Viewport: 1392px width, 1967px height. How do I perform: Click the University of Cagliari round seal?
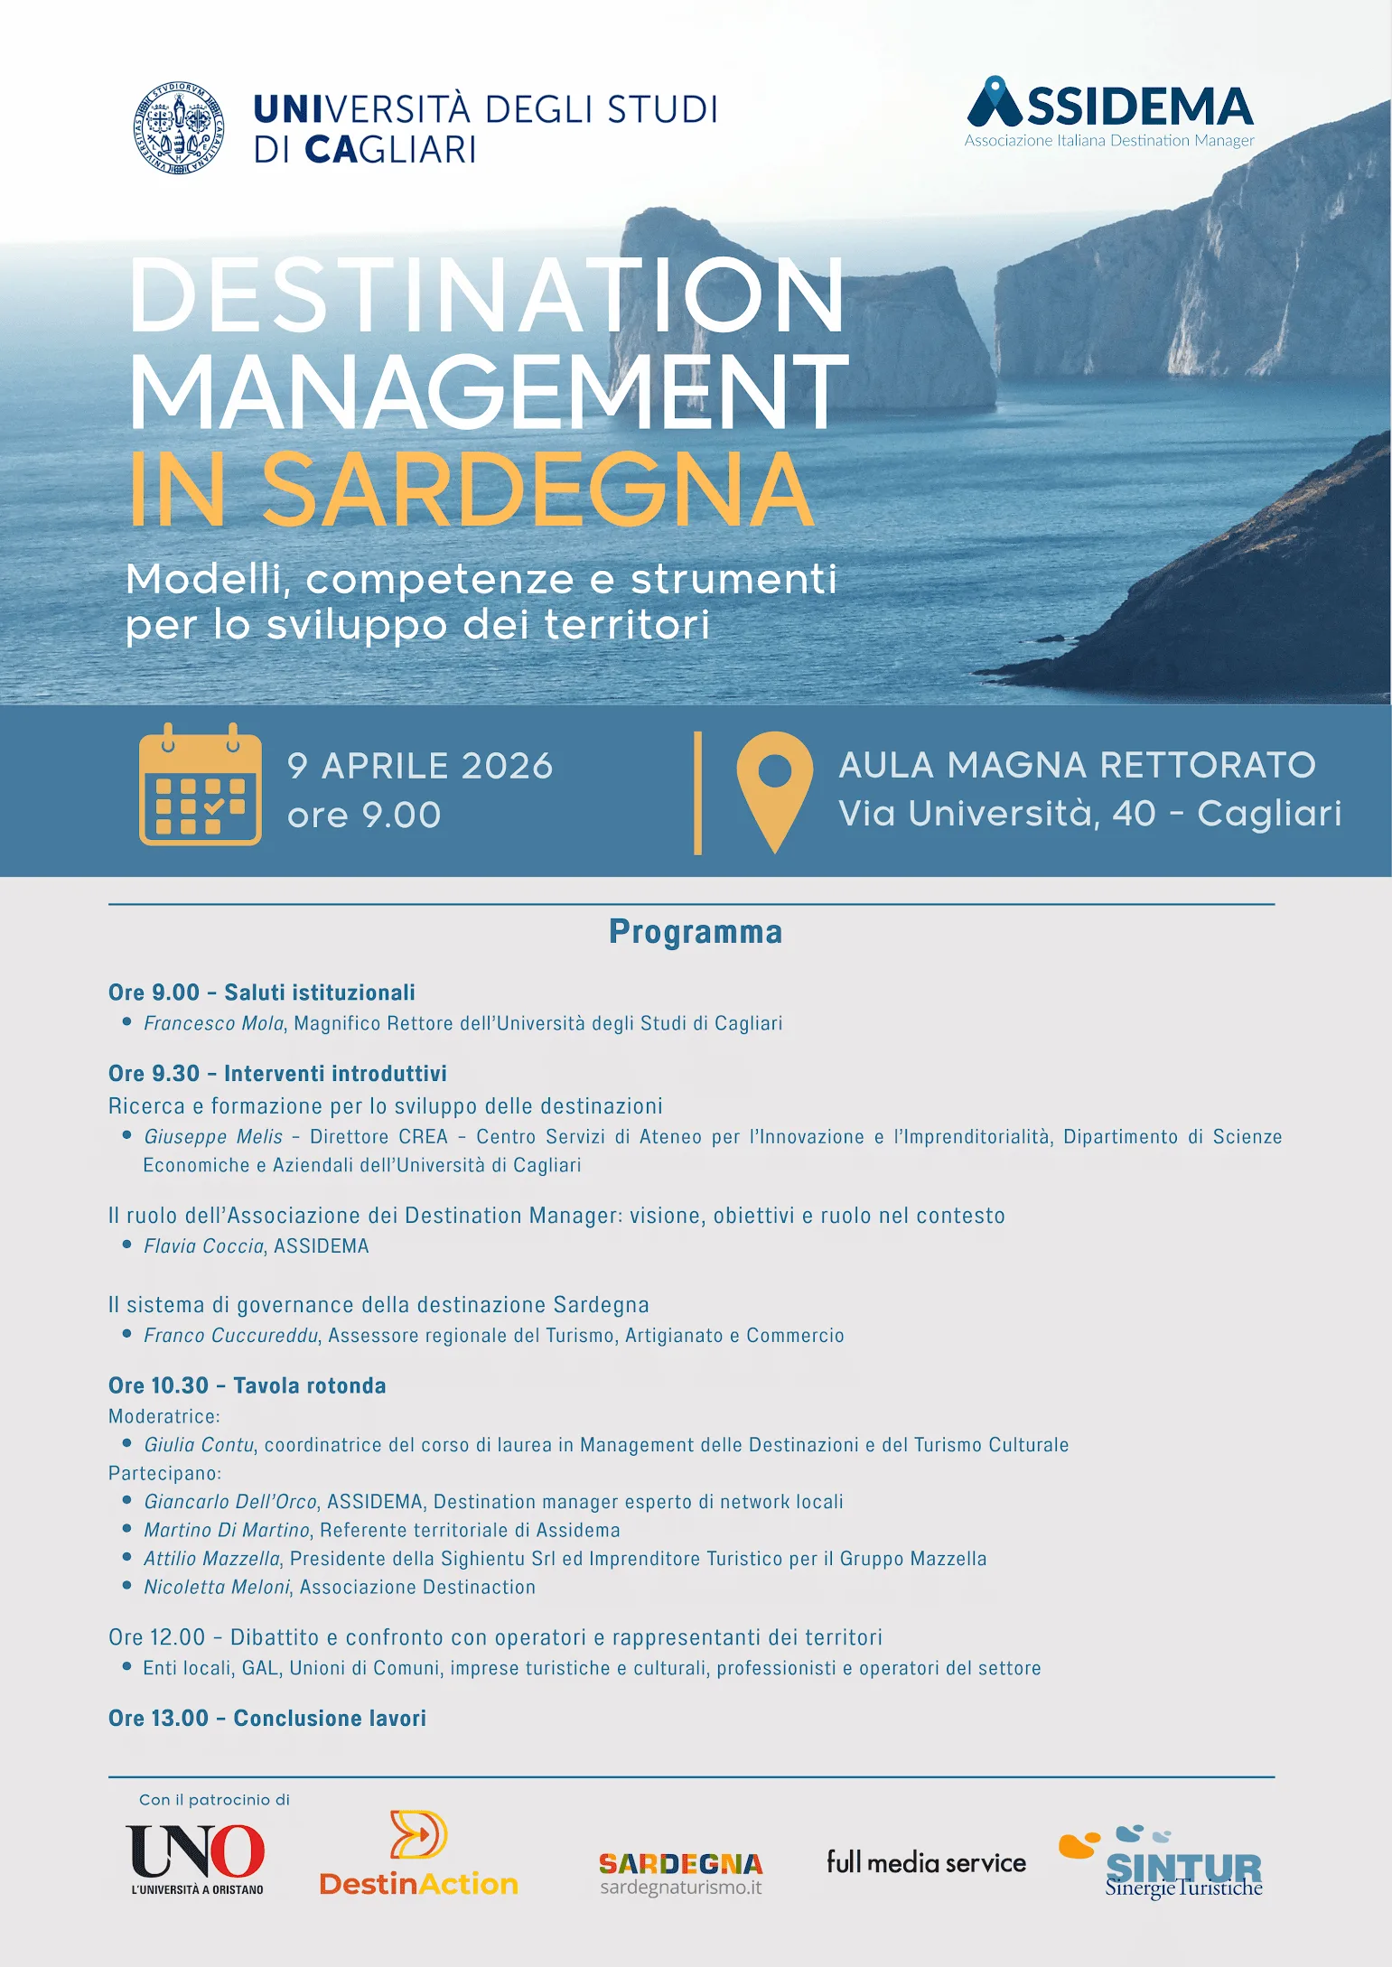pyautogui.click(x=179, y=127)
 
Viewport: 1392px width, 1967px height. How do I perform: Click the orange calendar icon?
pyautogui.click(x=201, y=785)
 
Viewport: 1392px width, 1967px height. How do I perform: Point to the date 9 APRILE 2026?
pyautogui.click(x=420, y=766)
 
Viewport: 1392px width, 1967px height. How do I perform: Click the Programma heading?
pyautogui.click(x=696, y=932)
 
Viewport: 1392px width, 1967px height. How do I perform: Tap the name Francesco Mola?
pyautogui.click(x=214, y=1023)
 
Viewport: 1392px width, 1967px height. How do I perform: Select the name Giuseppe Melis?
pyautogui.click(x=213, y=1137)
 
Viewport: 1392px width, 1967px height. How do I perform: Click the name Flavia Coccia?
pyautogui.click(x=203, y=1246)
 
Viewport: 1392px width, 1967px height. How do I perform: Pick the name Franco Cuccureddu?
pyautogui.click(x=231, y=1336)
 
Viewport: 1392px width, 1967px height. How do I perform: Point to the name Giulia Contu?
pyautogui.click(x=199, y=1445)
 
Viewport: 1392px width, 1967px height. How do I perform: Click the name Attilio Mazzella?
pyautogui.click(x=212, y=1559)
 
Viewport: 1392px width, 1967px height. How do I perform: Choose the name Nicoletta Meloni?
pyautogui.click(x=217, y=1588)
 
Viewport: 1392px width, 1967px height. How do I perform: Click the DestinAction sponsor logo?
pyautogui.click(x=419, y=1853)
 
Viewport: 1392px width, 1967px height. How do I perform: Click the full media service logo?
pyautogui.click(x=926, y=1862)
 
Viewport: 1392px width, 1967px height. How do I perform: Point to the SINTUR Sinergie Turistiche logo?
pyautogui.click(x=1165, y=1862)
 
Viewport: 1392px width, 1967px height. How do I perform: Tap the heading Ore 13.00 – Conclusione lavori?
pyautogui.click(x=267, y=1719)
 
